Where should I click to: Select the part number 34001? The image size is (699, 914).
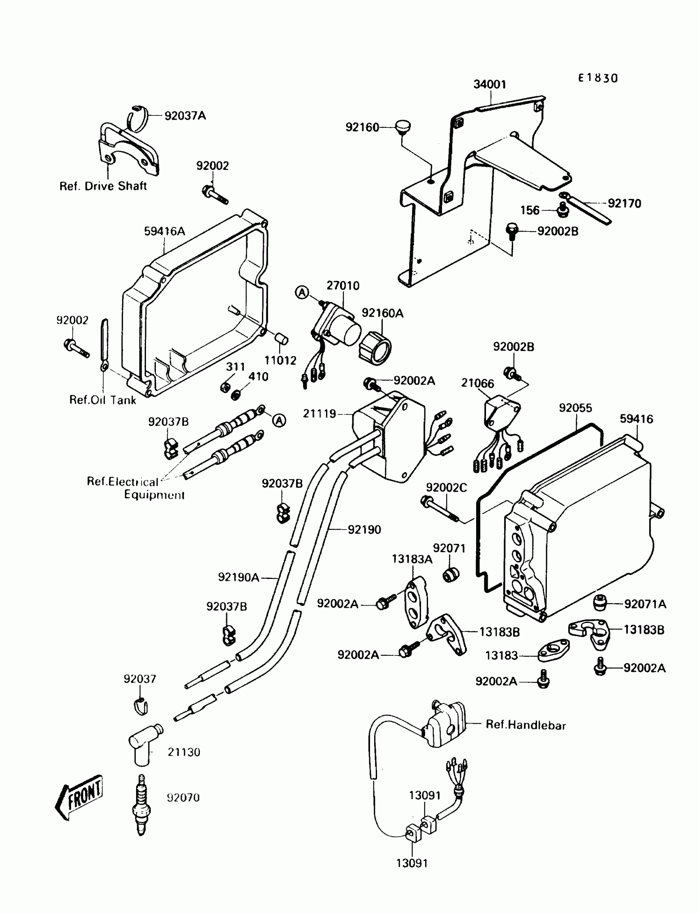point(490,84)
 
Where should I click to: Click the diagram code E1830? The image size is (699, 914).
point(598,78)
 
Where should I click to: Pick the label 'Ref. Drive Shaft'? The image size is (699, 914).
point(103,186)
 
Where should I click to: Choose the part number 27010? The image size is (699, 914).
point(343,286)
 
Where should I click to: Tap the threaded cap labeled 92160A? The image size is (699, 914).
point(375,346)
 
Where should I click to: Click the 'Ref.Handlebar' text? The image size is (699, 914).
point(526,725)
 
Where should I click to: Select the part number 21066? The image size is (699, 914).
point(477,383)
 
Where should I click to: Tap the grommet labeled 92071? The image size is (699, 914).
point(451,574)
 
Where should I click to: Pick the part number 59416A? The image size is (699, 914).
point(164,231)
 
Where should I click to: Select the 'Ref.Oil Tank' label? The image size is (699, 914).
point(102,400)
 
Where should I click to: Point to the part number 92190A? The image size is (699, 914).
point(238,577)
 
